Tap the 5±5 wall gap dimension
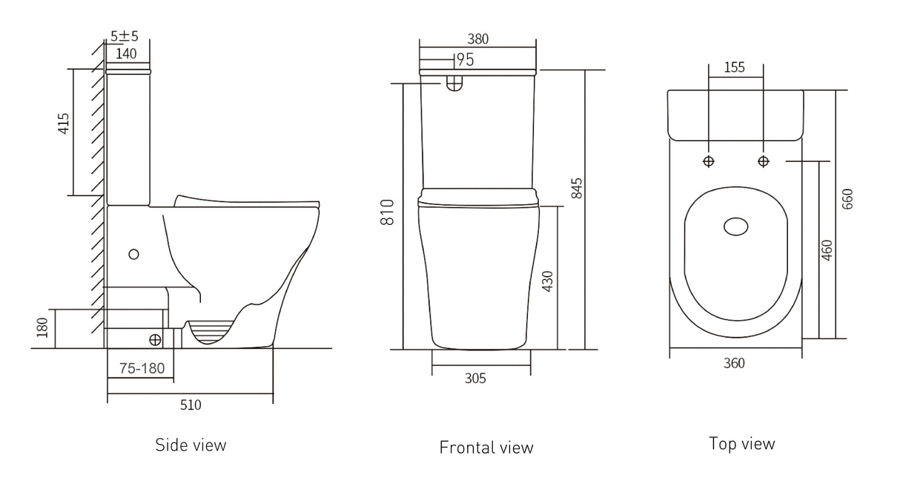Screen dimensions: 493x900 pos(124,36)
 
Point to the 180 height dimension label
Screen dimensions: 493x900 pos(42,327)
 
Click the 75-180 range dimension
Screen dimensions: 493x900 pos(141,368)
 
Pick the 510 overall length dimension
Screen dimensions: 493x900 pos(190,405)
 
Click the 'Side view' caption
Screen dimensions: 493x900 pos(191,445)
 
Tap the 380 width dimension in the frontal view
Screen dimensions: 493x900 pos(477,39)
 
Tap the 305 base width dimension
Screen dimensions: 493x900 pos(475,379)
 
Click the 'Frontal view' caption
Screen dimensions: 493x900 pos(486,447)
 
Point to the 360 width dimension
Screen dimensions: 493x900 pos(734,363)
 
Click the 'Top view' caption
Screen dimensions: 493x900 pos(741,444)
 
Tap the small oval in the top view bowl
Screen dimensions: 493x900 pos(735,226)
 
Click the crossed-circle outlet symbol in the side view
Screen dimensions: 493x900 pos(156,339)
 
